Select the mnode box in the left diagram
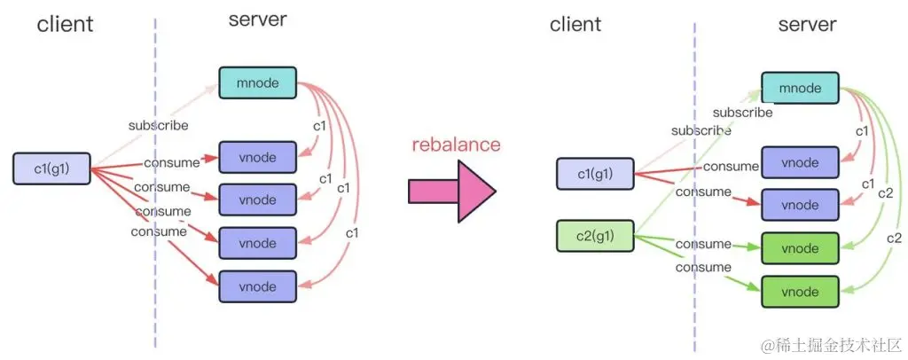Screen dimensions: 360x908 click(x=257, y=83)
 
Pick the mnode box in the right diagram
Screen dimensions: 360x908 click(x=799, y=90)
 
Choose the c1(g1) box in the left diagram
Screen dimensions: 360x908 click(x=52, y=168)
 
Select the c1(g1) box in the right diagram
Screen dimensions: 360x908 click(x=595, y=174)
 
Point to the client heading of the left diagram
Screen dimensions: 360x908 click(x=65, y=24)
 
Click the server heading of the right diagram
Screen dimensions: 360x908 click(x=807, y=24)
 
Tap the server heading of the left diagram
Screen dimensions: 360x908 click(x=258, y=20)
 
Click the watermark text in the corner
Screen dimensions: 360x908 click(x=826, y=342)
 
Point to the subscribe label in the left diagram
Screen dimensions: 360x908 click(x=159, y=125)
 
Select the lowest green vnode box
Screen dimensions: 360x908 click(x=799, y=290)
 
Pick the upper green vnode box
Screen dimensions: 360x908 click(x=799, y=247)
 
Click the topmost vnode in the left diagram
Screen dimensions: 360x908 click(x=257, y=157)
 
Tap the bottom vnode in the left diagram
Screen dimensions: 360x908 click(x=257, y=286)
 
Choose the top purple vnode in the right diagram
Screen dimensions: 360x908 click(x=799, y=162)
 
